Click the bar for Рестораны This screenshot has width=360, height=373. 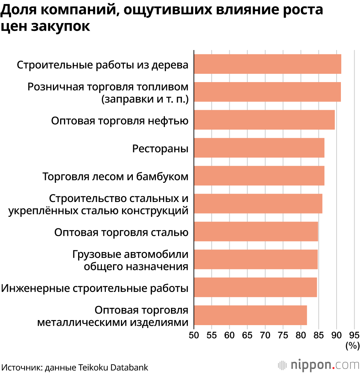pyautogui.click(x=259, y=148)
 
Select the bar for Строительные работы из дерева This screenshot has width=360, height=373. pyautogui.click(x=267, y=64)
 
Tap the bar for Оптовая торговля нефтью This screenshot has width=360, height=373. pyautogui.click(x=264, y=120)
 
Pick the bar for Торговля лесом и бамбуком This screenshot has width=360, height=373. pyautogui.click(x=259, y=176)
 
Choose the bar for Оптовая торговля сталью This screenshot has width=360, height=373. pyautogui.click(x=256, y=232)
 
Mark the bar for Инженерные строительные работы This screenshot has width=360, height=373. pyautogui.click(x=255, y=287)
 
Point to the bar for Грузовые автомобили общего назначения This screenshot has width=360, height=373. pyautogui.click(x=256, y=260)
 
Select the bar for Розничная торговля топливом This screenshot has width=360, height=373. pyautogui.click(x=267, y=92)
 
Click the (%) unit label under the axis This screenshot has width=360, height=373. pyautogui.click(x=352, y=346)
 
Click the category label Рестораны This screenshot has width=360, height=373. pyautogui.click(x=161, y=148)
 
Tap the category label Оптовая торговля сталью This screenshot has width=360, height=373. pyautogui.click(x=121, y=232)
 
